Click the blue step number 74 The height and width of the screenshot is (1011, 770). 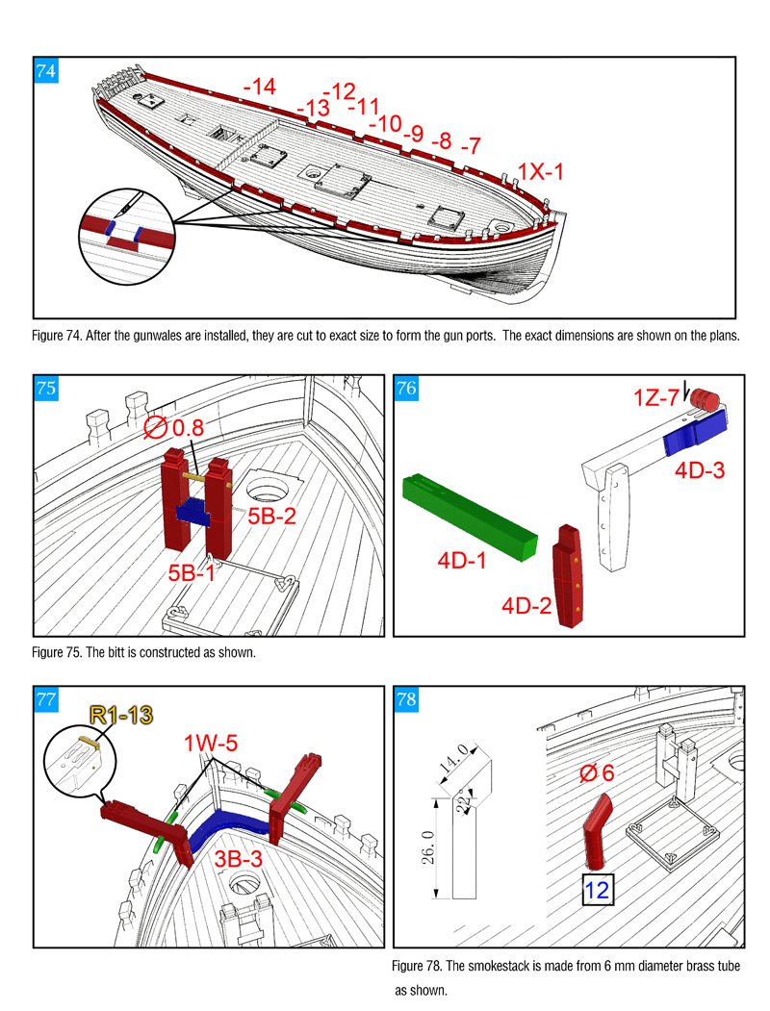(x=45, y=70)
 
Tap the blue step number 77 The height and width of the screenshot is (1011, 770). (x=45, y=699)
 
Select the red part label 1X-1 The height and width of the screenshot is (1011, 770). (x=540, y=171)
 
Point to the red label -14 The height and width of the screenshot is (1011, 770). (x=260, y=87)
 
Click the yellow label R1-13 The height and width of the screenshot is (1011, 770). (x=121, y=714)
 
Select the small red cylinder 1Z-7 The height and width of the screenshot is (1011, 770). (x=707, y=398)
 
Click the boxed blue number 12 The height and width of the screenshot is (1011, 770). (x=597, y=890)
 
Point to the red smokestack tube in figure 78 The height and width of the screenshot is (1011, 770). (x=595, y=829)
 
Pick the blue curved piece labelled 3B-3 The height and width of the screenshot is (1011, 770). (x=233, y=828)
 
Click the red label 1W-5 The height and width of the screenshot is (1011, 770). (x=211, y=744)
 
